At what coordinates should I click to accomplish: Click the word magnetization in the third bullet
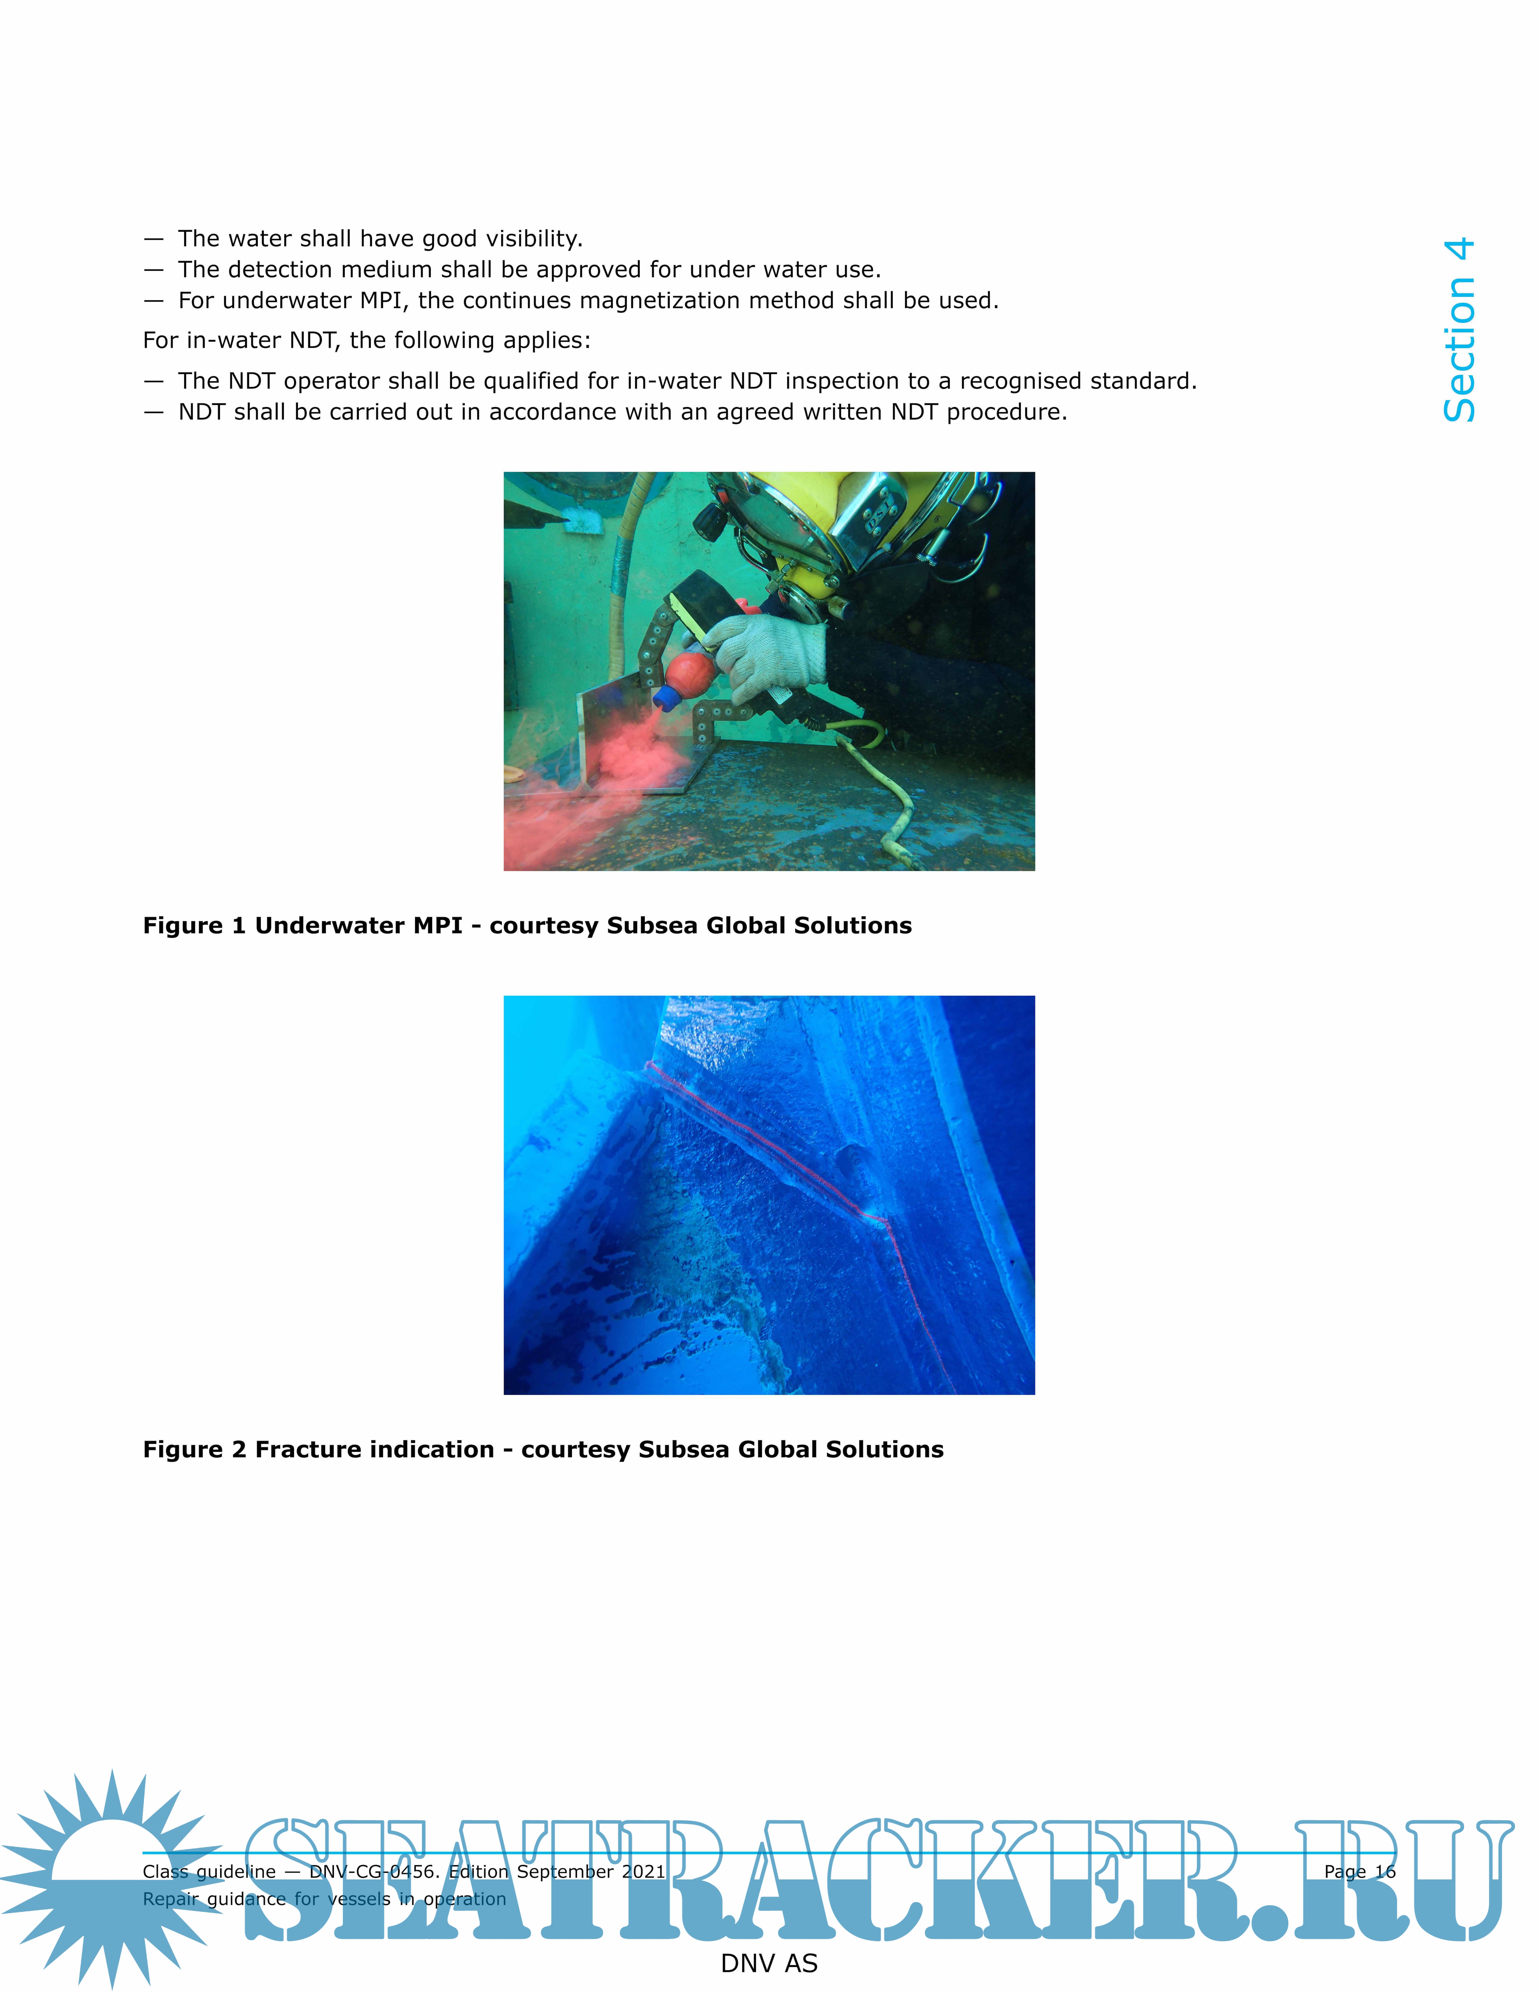(x=661, y=301)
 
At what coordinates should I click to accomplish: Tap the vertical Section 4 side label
(x=1459, y=330)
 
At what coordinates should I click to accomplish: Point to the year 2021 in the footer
(x=644, y=1872)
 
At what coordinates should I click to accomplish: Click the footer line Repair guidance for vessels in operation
(x=324, y=1899)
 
